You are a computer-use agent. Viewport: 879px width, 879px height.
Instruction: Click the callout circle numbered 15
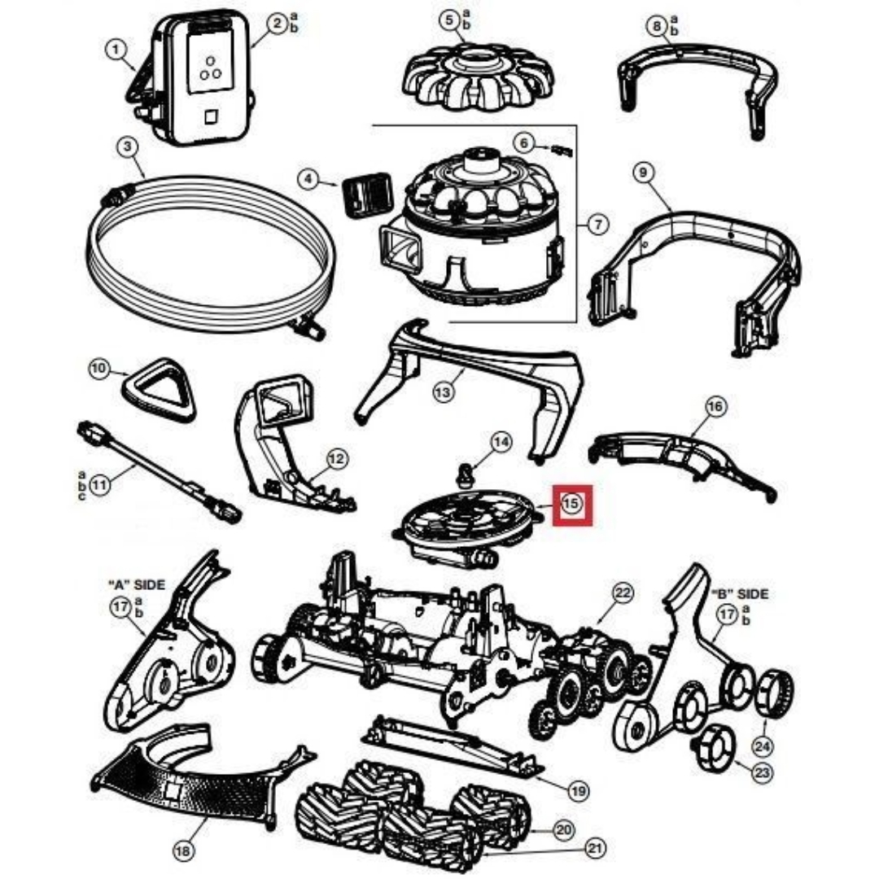[572, 504]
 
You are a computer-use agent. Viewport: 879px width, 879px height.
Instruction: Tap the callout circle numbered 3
[127, 148]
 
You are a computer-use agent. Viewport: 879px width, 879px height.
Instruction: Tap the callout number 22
[623, 593]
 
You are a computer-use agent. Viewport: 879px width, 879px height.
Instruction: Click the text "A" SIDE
[136, 584]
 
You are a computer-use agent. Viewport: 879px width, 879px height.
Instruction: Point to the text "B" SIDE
[739, 593]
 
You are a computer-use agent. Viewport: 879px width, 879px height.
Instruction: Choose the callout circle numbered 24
[764, 745]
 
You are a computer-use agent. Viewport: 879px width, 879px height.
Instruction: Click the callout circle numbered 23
[762, 772]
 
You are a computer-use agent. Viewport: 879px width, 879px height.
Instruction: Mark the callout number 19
[577, 789]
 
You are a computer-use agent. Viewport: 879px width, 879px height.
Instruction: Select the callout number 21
[596, 849]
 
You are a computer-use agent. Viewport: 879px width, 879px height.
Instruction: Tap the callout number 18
[184, 851]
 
